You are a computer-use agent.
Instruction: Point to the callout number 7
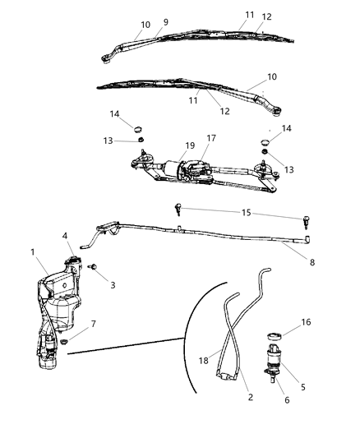pyautogui.click(x=94, y=324)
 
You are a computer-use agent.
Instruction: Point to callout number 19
pyautogui.click(x=191, y=145)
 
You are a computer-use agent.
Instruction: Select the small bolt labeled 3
pyautogui.click(x=92, y=268)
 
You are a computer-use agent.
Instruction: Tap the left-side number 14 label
pyautogui.click(x=115, y=113)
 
